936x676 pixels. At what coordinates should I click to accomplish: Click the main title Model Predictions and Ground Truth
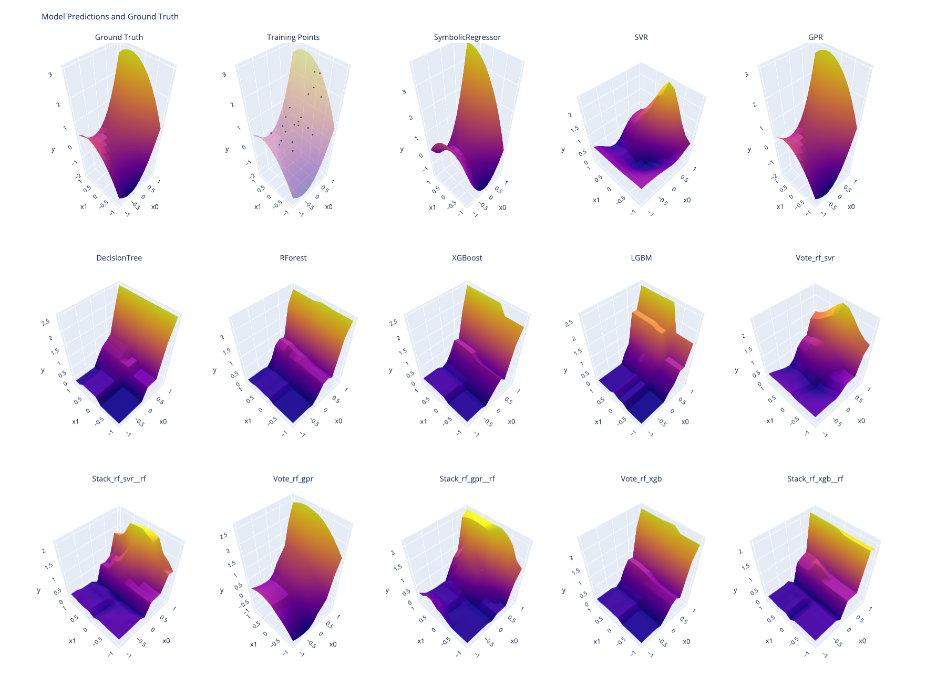coord(110,17)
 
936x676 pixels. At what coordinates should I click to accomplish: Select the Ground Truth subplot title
coord(119,37)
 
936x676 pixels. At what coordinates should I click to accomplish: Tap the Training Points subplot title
coord(293,37)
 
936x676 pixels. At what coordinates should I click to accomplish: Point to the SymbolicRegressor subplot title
coord(467,37)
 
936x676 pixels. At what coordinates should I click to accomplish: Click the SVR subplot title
coord(641,37)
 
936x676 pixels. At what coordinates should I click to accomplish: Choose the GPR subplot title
coord(815,37)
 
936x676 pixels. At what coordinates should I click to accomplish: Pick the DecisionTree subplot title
coord(119,258)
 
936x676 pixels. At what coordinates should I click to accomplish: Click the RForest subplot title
coord(293,258)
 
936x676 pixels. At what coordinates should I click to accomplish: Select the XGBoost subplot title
coord(467,258)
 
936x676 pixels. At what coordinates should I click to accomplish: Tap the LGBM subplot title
coord(641,258)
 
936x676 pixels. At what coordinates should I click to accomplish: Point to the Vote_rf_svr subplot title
coord(815,258)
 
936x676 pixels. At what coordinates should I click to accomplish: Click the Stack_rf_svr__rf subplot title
coord(119,479)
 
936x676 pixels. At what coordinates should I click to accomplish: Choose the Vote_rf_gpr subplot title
coord(293,479)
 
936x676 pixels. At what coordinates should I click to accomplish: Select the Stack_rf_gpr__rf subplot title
coord(467,479)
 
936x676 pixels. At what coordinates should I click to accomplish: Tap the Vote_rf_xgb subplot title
coord(641,479)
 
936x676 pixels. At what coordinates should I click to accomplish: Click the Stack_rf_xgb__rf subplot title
coord(815,479)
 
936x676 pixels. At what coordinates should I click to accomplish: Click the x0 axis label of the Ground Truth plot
coord(155,207)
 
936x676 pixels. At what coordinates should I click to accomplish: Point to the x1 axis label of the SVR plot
coord(596,200)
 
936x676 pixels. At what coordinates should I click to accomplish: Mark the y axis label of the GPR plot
coord(749,150)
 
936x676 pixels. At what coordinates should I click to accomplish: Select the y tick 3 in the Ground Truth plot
coord(50,75)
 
